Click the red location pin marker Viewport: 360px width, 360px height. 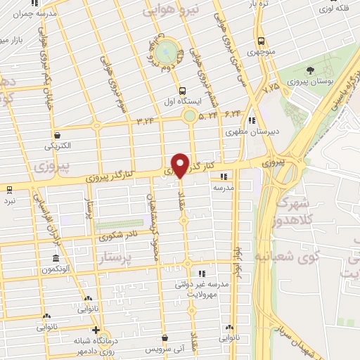tap(181, 165)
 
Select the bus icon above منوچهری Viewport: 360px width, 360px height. tap(261, 40)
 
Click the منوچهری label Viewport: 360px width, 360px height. tap(260, 52)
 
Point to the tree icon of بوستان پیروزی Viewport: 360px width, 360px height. tap(309, 70)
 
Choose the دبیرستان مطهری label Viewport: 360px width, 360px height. tap(244, 131)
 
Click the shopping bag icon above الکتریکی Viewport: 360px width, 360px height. tap(57, 135)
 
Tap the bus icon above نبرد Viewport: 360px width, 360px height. tap(9, 189)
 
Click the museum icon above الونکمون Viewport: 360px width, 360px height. tap(56, 258)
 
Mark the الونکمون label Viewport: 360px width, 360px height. tap(57, 270)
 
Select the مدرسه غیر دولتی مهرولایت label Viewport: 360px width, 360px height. tap(202, 289)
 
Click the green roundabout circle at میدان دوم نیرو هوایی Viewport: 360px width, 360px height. tap(165, 50)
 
